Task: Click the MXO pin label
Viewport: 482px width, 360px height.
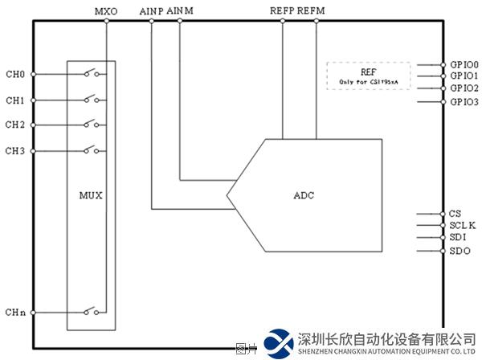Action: (x=106, y=11)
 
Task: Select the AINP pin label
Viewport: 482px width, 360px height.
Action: (x=151, y=11)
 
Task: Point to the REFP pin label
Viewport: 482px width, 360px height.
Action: (x=282, y=11)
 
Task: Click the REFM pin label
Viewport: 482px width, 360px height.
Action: (x=312, y=11)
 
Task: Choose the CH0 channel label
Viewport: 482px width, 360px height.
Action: (x=14, y=75)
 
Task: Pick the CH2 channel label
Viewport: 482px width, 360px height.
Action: (x=14, y=125)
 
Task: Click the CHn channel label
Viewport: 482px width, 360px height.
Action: (x=14, y=312)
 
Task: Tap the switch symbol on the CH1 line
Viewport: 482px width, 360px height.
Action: (x=91, y=100)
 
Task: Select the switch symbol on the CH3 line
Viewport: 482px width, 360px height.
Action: (x=91, y=149)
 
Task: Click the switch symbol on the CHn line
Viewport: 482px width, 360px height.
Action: (x=91, y=311)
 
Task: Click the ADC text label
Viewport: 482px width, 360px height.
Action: (x=304, y=195)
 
